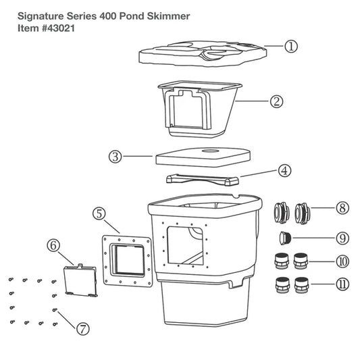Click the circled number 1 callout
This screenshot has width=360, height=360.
point(291,47)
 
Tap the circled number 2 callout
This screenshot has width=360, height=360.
point(276,101)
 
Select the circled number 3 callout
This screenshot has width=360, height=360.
point(115,157)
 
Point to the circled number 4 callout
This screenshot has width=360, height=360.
point(284,171)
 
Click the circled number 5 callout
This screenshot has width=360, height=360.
point(99,213)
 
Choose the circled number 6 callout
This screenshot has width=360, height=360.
point(53,245)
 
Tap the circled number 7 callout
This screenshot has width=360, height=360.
point(82,329)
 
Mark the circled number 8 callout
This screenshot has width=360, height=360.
point(342,208)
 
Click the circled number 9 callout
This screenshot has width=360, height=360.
point(342,238)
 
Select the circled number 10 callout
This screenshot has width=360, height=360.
point(342,261)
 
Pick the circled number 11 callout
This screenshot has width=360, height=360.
point(342,284)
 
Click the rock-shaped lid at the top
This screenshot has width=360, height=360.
point(203,54)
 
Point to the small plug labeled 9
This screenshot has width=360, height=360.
point(286,238)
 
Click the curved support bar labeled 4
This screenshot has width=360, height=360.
point(202,180)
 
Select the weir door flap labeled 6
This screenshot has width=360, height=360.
point(80,280)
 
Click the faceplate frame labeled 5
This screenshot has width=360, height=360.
point(127,261)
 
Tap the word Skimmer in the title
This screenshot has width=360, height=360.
point(168,16)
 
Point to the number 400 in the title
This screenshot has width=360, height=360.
point(108,16)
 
